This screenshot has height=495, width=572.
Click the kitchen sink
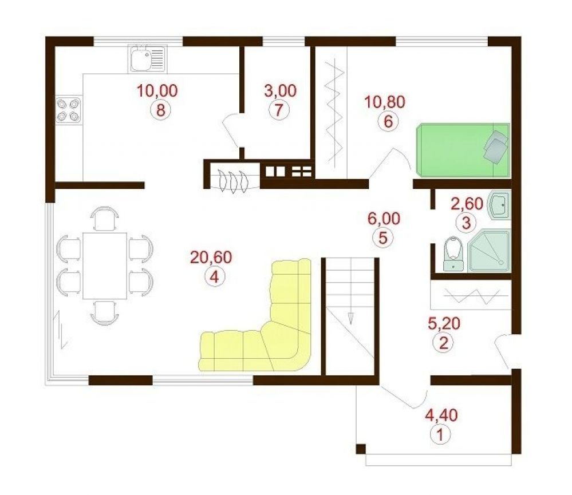pos(147,59)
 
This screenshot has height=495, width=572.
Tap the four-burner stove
pos(69,110)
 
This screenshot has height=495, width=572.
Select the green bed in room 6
pos(463,150)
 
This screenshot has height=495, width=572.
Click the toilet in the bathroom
pos(453,254)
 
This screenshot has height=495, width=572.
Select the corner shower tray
pos(489,251)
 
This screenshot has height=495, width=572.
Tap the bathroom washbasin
pos(500,205)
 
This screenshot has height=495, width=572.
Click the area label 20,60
pos(211,258)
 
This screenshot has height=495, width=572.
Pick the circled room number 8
pos(161,109)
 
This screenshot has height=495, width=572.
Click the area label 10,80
pos(385,102)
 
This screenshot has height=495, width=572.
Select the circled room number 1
pos(440,434)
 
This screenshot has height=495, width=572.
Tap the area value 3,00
pos(280,91)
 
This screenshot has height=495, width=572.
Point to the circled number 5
pos(382,237)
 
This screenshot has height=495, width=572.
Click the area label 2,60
pos(467,204)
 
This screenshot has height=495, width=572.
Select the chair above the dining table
pos(105,219)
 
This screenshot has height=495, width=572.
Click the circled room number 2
pos(443,343)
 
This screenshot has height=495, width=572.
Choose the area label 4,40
pos(442,415)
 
